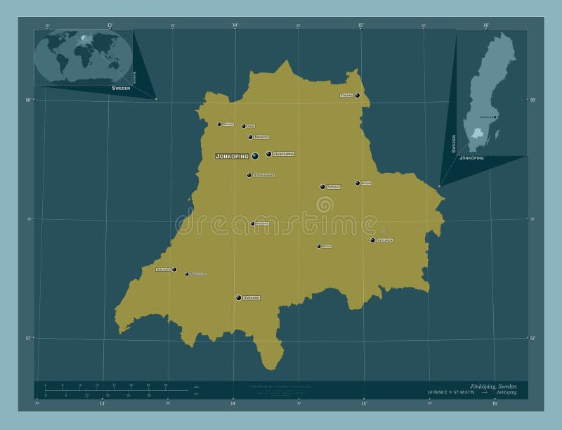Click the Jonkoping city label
pos(233,156)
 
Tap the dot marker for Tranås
pos(358,96)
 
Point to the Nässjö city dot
pos(322,187)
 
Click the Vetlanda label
pos(384,240)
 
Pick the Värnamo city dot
pos(239,298)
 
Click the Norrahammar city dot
pos(249,175)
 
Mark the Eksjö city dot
pos(358,183)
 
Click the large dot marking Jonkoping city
pos(255,156)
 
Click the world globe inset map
pos(83,57)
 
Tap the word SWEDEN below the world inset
pos(122,89)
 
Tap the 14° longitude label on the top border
pos(235,25)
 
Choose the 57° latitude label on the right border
pos(532,338)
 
